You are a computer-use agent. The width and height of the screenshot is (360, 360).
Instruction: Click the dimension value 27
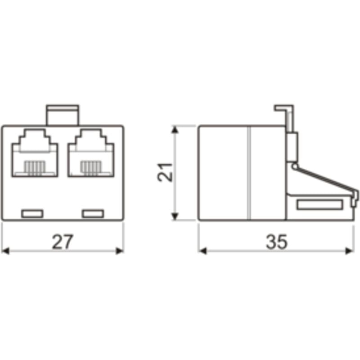(x=62, y=242)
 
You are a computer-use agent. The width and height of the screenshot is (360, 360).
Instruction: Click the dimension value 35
(x=276, y=242)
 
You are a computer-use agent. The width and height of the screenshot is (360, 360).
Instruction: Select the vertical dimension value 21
(x=166, y=173)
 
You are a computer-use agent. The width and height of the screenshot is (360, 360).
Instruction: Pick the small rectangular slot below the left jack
(x=32, y=213)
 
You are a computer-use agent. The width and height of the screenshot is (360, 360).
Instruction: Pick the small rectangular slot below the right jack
(x=93, y=213)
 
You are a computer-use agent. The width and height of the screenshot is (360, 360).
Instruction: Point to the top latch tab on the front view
(x=63, y=115)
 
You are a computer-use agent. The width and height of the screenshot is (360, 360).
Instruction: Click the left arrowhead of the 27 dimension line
(x=5, y=250)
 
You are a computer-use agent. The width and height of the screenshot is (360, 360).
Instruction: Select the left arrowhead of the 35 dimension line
(x=202, y=250)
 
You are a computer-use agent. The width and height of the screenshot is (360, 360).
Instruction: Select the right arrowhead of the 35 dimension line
(x=350, y=250)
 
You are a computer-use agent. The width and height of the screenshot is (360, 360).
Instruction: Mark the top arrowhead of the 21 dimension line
(x=175, y=130)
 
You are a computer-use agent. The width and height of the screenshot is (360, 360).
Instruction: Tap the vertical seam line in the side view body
(x=248, y=173)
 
